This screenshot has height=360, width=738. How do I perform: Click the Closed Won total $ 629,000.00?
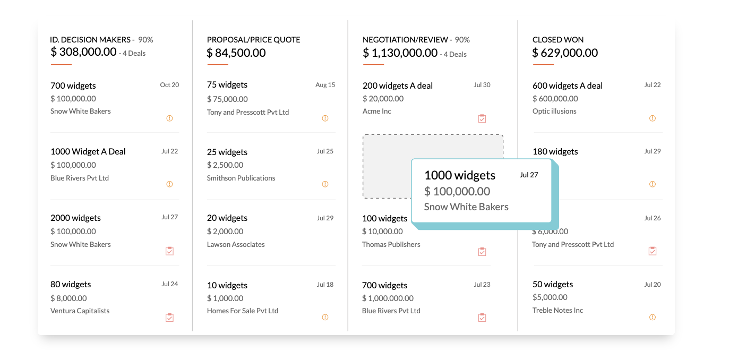[565, 53]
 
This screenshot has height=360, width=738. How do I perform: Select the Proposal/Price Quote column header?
[253, 40]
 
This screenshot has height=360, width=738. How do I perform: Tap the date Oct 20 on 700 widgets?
[169, 85]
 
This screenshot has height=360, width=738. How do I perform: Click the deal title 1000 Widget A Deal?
[88, 152]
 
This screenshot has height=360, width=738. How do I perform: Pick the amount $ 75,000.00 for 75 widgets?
[227, 99]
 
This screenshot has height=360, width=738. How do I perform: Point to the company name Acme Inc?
[377, 112]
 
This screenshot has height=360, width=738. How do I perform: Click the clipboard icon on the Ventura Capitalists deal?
[169, 318]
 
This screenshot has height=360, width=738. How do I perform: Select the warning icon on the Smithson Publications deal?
[325, 184]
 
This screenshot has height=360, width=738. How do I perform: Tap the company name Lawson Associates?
[236, 245]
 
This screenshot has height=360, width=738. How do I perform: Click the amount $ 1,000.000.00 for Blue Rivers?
[388, 298]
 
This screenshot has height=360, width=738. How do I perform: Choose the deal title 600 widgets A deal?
[568, 86]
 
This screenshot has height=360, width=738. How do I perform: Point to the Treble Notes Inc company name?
[557, 311]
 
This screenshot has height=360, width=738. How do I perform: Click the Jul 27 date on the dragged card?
[529, 175]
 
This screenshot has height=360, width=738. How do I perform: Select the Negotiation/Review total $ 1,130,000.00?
[400, 53]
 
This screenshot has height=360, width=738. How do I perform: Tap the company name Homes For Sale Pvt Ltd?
[243, 311]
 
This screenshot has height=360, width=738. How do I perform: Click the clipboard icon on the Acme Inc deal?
[482, 118]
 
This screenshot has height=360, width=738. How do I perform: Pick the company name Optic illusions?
[554, 112]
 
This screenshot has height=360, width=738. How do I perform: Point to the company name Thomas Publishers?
[391, 245]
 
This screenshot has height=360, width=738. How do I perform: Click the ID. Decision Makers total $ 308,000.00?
[83, 52]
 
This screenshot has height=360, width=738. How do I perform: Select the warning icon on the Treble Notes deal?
[653, 318]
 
